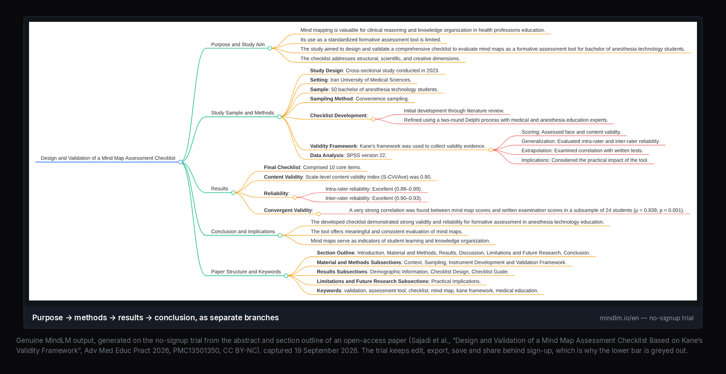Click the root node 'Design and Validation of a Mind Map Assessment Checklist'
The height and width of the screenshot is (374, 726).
point(108,158)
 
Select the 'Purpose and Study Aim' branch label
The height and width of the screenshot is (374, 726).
point(238,44)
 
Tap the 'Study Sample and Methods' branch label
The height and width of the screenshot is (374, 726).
point(242,113)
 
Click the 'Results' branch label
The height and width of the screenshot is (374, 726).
point(219,189)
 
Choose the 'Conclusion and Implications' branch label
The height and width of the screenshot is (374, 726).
point(243,231)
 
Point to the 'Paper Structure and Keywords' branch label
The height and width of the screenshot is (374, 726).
point(246,272)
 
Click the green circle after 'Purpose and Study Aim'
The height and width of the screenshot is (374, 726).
point(270,48)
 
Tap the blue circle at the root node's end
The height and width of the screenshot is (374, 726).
point(180,162)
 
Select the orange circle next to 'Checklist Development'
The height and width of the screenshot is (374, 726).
point(373,119)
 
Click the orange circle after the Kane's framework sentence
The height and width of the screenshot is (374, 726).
point(491,150)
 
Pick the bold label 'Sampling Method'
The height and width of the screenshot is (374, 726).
point(332,99)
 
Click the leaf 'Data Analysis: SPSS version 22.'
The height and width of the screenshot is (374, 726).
point(348,155)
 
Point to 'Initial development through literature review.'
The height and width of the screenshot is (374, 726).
point(454,111)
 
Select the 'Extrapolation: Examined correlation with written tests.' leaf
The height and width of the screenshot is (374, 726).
point(582,151)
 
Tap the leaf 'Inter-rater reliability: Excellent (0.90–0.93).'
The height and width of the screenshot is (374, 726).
point(374,198)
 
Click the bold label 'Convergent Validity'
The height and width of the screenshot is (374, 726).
point(288,210)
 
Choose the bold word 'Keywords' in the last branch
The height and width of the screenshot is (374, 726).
point(329,291)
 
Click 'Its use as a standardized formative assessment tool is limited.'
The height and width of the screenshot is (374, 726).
point(371,40)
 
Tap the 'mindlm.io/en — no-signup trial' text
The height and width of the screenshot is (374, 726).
point(647,318)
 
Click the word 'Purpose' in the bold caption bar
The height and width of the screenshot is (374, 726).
point(48,318)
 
